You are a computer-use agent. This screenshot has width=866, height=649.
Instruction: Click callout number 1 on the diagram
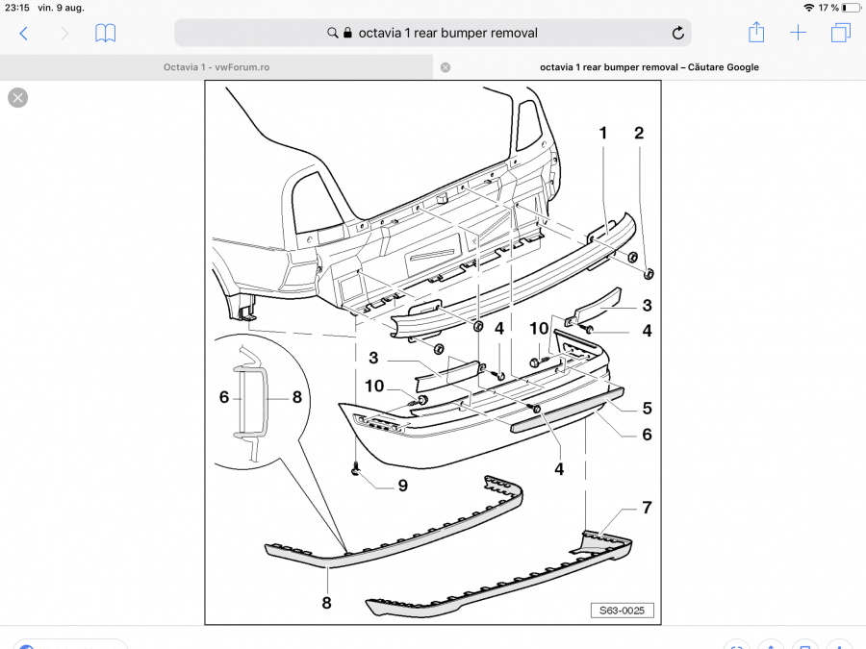[x=603, y=134]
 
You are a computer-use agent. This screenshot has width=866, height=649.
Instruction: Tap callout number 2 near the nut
[x=638, y=134]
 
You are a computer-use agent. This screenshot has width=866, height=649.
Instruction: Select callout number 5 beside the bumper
[x=647, y=408]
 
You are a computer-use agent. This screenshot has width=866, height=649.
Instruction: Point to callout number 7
[x=647, y=507]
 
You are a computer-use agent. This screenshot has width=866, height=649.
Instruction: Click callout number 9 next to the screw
[x=402, y=486]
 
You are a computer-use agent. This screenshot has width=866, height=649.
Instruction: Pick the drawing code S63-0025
[x=622, y=610]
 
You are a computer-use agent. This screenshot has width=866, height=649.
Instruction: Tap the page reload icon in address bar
[x=678, y=33]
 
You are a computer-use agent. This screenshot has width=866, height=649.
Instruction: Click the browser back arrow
[x=24, y=33]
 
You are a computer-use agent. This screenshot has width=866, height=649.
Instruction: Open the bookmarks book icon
[x=106, y=33]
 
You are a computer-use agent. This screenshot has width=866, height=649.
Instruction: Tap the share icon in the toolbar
[x=756, y=33]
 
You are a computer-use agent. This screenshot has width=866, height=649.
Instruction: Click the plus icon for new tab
[x=799, y=33]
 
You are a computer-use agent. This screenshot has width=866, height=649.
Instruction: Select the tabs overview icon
[x=840, y=33]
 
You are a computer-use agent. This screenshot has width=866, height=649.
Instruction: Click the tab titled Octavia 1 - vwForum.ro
[x=216, y=67]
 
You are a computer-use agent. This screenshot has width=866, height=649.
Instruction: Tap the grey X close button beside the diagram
[x=18, y=97]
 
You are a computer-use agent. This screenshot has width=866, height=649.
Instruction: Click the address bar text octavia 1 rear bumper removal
[x=447, y=33]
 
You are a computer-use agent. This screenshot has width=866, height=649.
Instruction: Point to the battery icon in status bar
[x=850, y=8]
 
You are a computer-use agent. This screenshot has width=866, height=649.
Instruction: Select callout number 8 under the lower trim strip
[x=326, y=603]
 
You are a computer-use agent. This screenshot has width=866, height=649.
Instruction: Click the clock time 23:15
[x=17, y=8]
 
